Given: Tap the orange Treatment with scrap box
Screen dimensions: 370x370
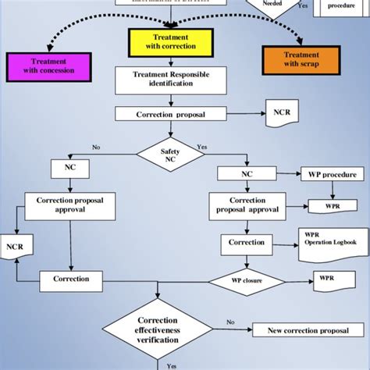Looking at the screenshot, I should (x=301, y=60).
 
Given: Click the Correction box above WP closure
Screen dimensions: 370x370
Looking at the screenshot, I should (x=246, y=242).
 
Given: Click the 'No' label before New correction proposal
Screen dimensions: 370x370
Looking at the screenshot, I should (x=230, y=321).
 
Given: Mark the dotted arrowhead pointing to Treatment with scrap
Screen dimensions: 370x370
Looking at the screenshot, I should (x=301, y=40).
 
